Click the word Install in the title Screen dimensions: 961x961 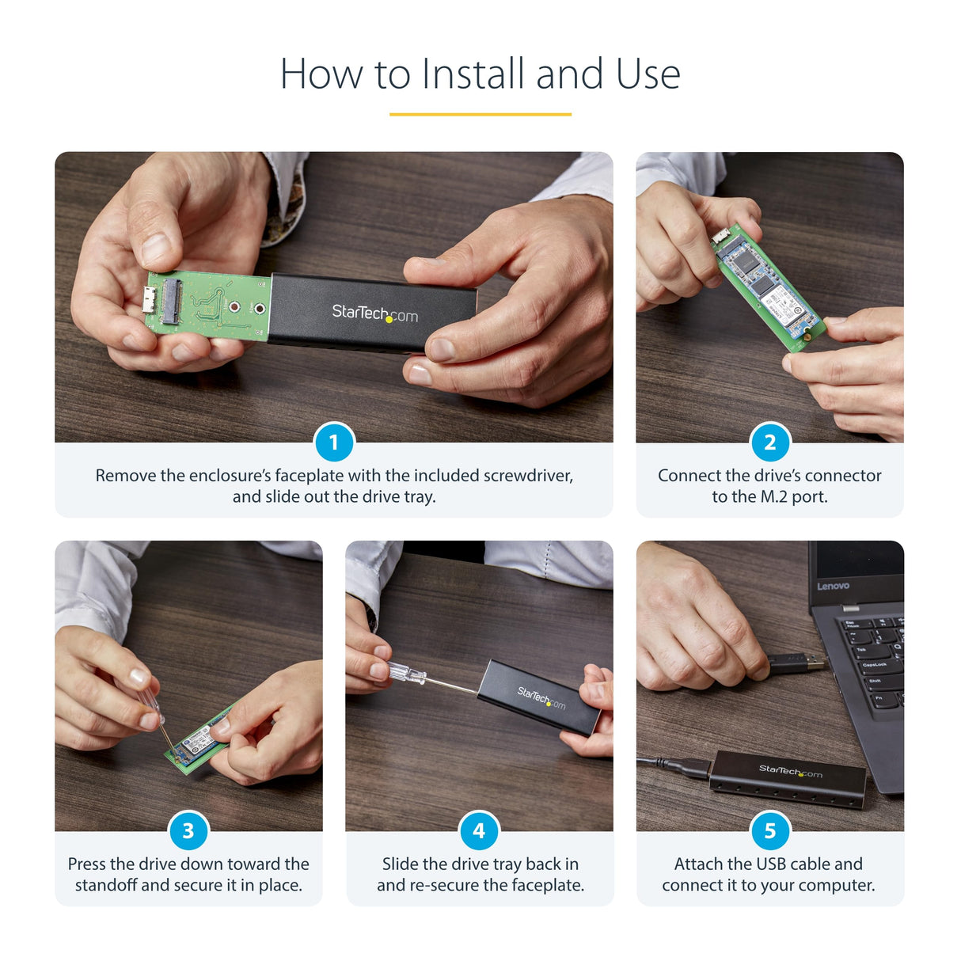pos(473,74)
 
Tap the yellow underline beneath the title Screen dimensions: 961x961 pos(480,114)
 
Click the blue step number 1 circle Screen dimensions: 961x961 pos(333,442)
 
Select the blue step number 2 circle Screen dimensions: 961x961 pos(769,442)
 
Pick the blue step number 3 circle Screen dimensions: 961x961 pos(188,830)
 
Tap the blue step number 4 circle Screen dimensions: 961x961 pos(479,830)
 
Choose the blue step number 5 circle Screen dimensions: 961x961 pos(769,830)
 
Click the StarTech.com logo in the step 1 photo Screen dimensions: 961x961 pos(374,313)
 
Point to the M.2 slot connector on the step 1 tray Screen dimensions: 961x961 pos(171,302)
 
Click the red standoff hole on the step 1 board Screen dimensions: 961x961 pos(234,307)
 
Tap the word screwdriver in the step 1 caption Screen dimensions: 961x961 pos(527,476)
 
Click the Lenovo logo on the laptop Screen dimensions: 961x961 pos(833,587)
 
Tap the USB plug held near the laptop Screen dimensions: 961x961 pos(796,663)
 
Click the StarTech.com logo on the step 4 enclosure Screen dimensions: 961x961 pos(541,698)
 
